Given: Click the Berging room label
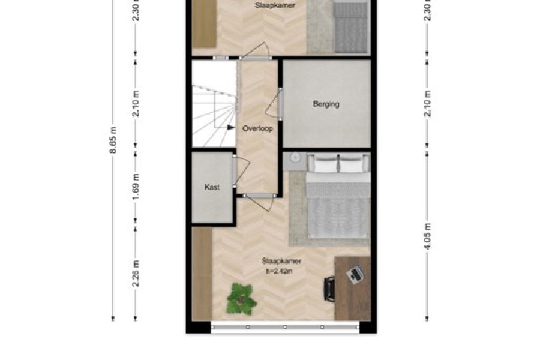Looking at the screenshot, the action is (326, 104).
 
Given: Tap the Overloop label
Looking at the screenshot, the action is (257, 128).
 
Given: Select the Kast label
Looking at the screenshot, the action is (212, 187).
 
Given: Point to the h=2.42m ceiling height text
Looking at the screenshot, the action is (279, 271).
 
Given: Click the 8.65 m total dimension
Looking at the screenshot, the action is (114, 140).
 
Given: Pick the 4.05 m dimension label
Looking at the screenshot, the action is (427, 236).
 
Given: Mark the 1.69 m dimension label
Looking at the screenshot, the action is (136, 187).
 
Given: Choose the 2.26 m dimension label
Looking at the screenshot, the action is (136, 273).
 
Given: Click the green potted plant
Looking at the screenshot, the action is (241, 299).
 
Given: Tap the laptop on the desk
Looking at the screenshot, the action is (355, 275).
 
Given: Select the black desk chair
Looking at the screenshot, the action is (329, 289).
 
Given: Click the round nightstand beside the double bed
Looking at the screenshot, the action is (295, 158).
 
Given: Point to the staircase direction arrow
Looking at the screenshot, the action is (231, 127).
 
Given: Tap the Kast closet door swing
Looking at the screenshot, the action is (242, 171).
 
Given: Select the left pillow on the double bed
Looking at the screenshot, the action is (325, 163).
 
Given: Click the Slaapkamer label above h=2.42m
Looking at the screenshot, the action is (281, 261).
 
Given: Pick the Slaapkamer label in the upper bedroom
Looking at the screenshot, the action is (275, 5).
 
